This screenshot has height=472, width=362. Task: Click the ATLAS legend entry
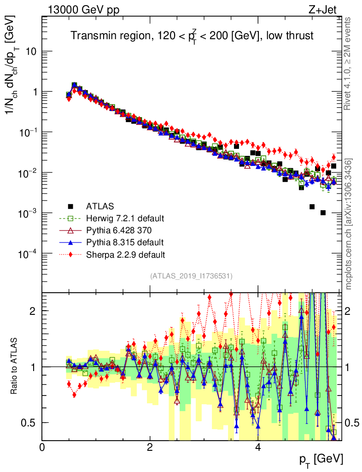pos(100,206)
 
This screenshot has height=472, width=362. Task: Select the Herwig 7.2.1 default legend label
pos(125,218)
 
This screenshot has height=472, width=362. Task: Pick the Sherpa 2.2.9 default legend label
pos(125,254)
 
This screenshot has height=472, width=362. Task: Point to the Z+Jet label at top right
pos(325,9)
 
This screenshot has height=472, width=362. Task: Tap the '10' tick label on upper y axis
pos(30,51)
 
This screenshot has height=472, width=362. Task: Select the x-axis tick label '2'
pos(150,448)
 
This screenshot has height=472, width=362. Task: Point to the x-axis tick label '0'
pos(42,448)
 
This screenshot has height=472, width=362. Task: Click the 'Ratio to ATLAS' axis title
pos(14,366)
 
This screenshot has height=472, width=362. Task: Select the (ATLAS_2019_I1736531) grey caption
pos(191,276)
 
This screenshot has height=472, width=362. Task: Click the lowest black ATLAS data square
pos(323,212)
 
